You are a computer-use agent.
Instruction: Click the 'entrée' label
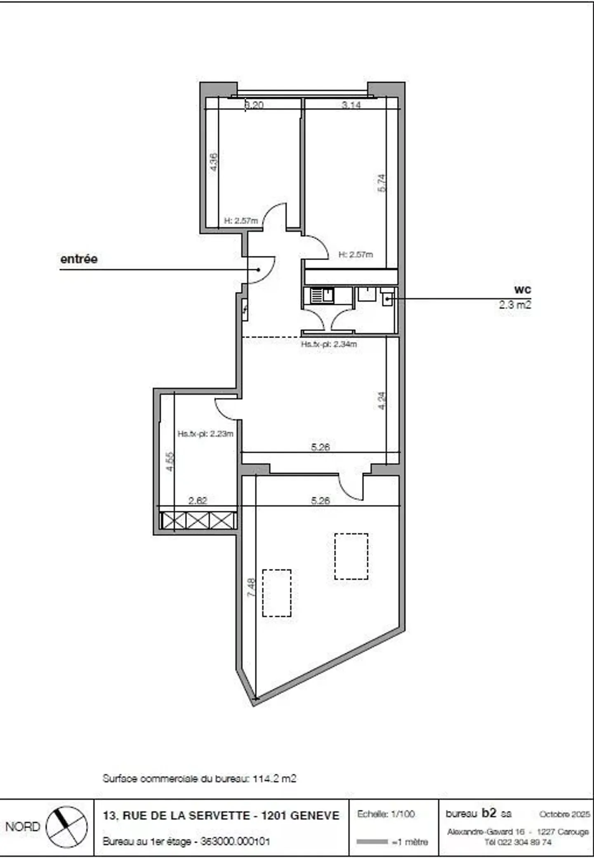pyautogui.click(x=79, y=259)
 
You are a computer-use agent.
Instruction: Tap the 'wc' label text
pyautogui.click(x=523, y=289)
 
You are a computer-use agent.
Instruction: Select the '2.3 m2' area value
pyautogui.click(x=515, y=305)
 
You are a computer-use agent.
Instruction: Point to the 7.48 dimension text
pyautogui.click(x=251, y=587)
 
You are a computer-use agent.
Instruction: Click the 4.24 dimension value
pyautogui.click(x=382, y=400)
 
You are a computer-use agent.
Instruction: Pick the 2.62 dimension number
pyautogui.click(x=198, y=501)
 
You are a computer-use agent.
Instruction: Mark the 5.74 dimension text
pyautogui.click(x=382, y=183)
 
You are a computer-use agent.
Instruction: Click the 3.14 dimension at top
pyautogui.click(x=351, y=105)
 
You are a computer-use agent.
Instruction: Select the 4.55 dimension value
pyautogui.click(x=170, y=462)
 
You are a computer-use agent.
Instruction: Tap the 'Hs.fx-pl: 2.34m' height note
pyautogui.click(x=329, y=344)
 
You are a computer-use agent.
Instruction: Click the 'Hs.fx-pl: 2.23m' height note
pyautogui.click(x=205, y=434)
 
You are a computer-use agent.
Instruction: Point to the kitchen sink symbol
pyautogui.click(x=322, y=295)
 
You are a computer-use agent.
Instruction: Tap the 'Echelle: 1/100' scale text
pyautogui.click(x=386, y=814)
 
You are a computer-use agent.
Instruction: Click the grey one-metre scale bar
pyautogui.click(x=372, y=842)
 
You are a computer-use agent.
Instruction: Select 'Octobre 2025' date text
pyautogui.click(x=564, y=814)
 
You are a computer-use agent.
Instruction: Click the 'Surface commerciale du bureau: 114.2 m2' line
pyautogui.click(x=199, y=779)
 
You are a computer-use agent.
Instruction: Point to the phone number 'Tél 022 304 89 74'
pyautogui.click(x=518, y=842)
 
